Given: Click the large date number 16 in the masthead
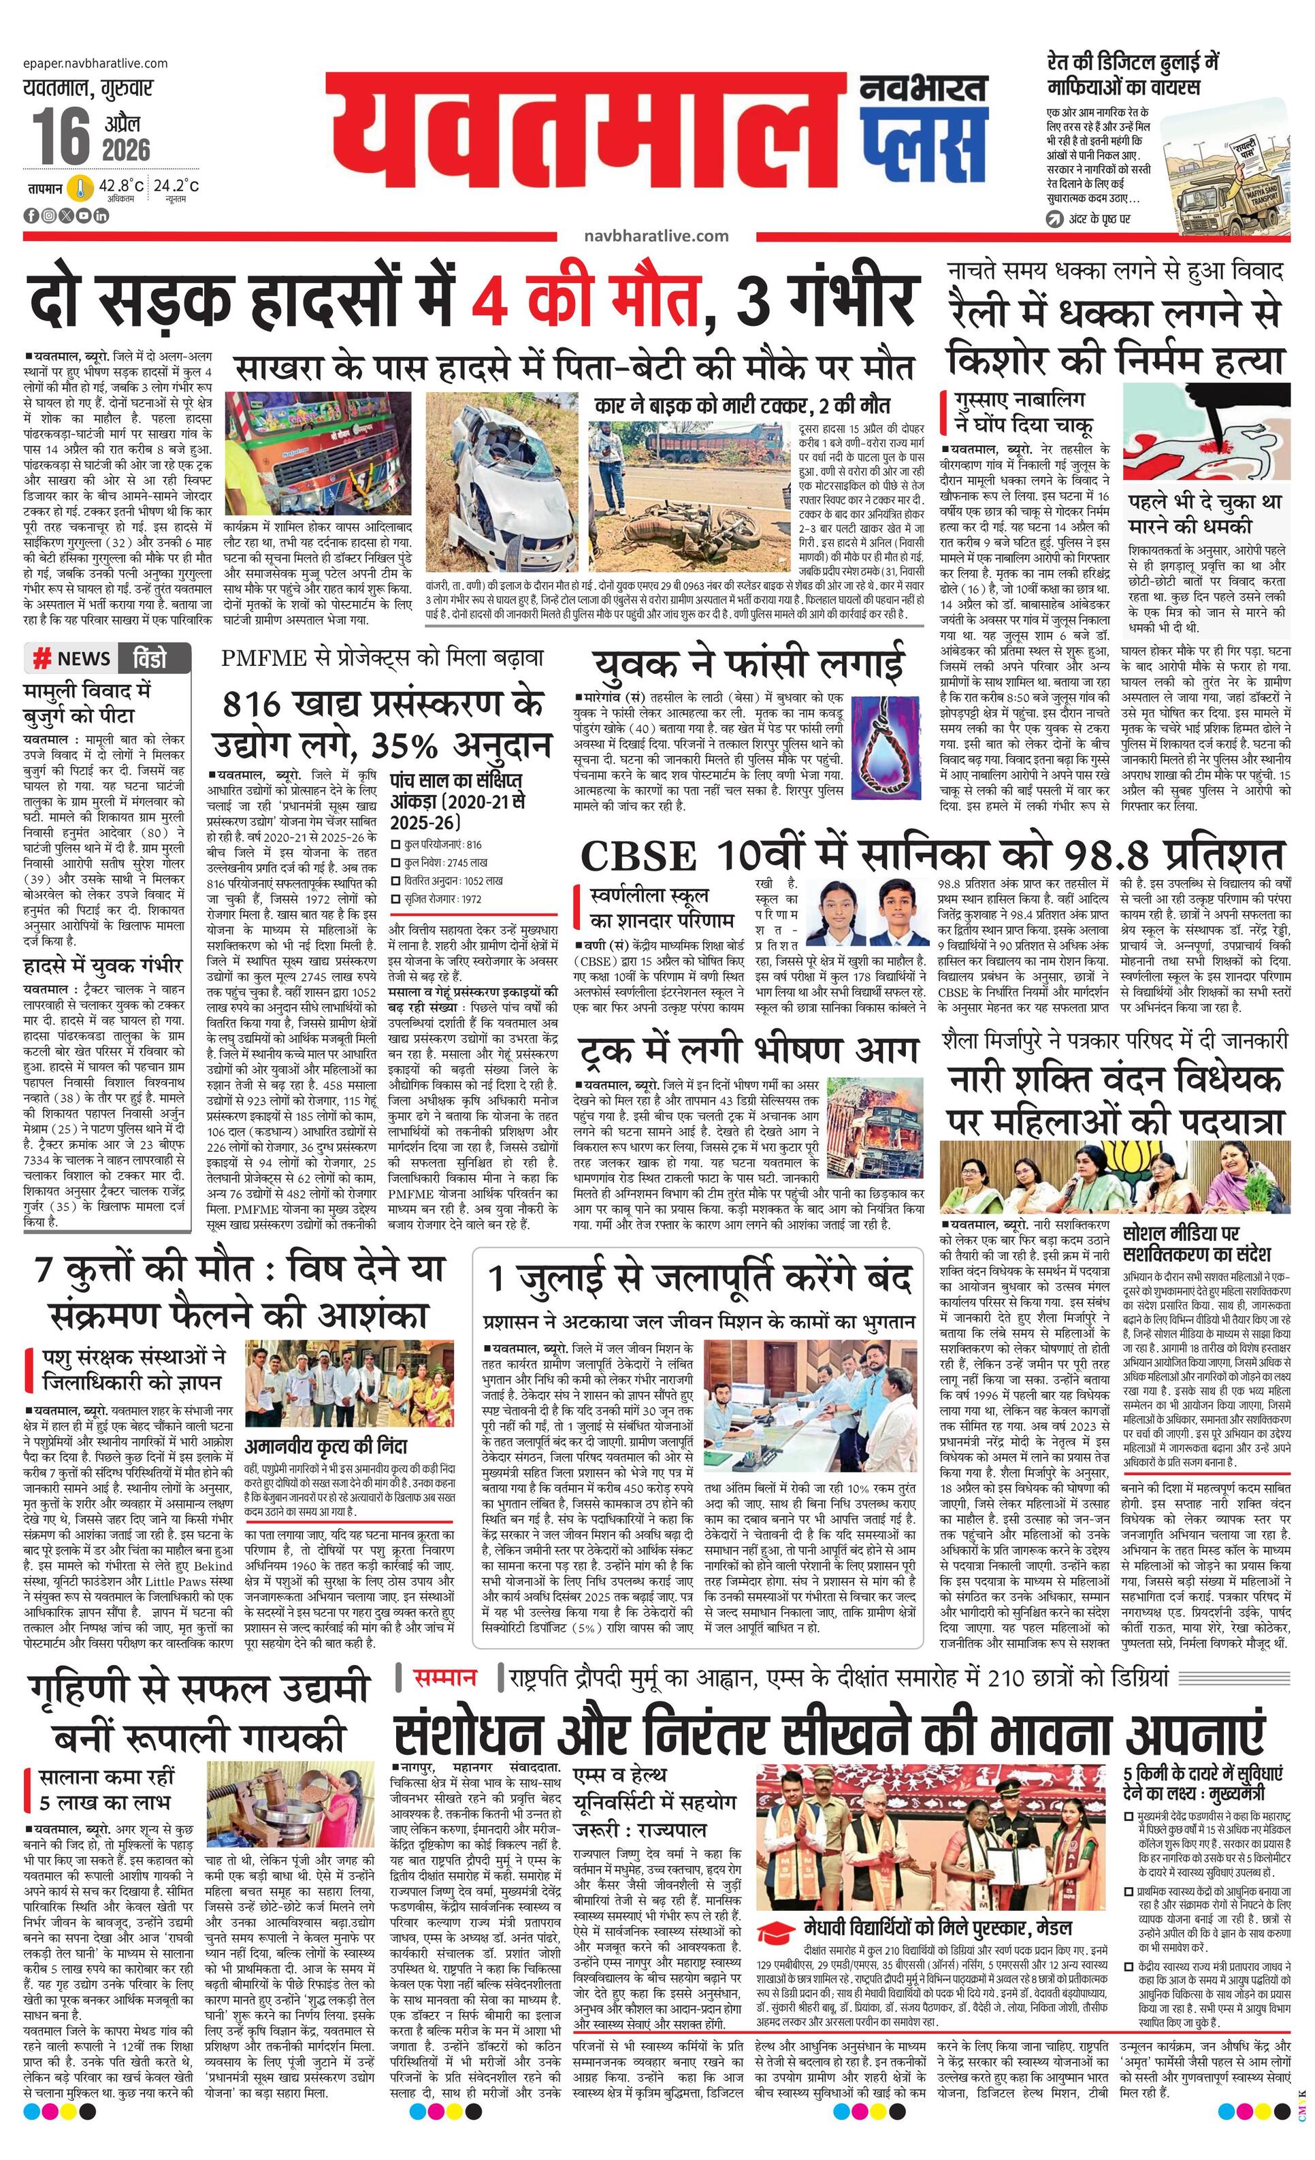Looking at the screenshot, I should pos(61,136).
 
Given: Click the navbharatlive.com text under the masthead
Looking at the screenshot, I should pos(655,235).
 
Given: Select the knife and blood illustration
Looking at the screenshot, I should pos(1205,432).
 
